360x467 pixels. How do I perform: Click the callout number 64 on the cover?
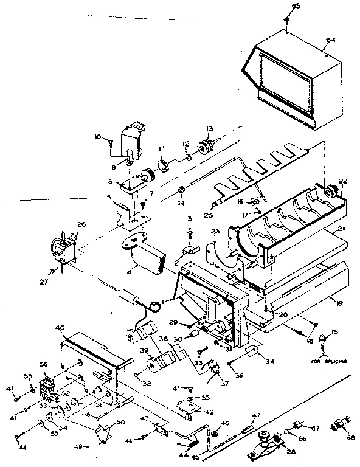click(x=331, y=40)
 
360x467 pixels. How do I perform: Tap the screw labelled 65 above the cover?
click(x=286, y=20)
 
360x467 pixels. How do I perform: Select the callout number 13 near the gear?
click(x=210, y=128)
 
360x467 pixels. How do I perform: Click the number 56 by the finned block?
click(x=43, y=365)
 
